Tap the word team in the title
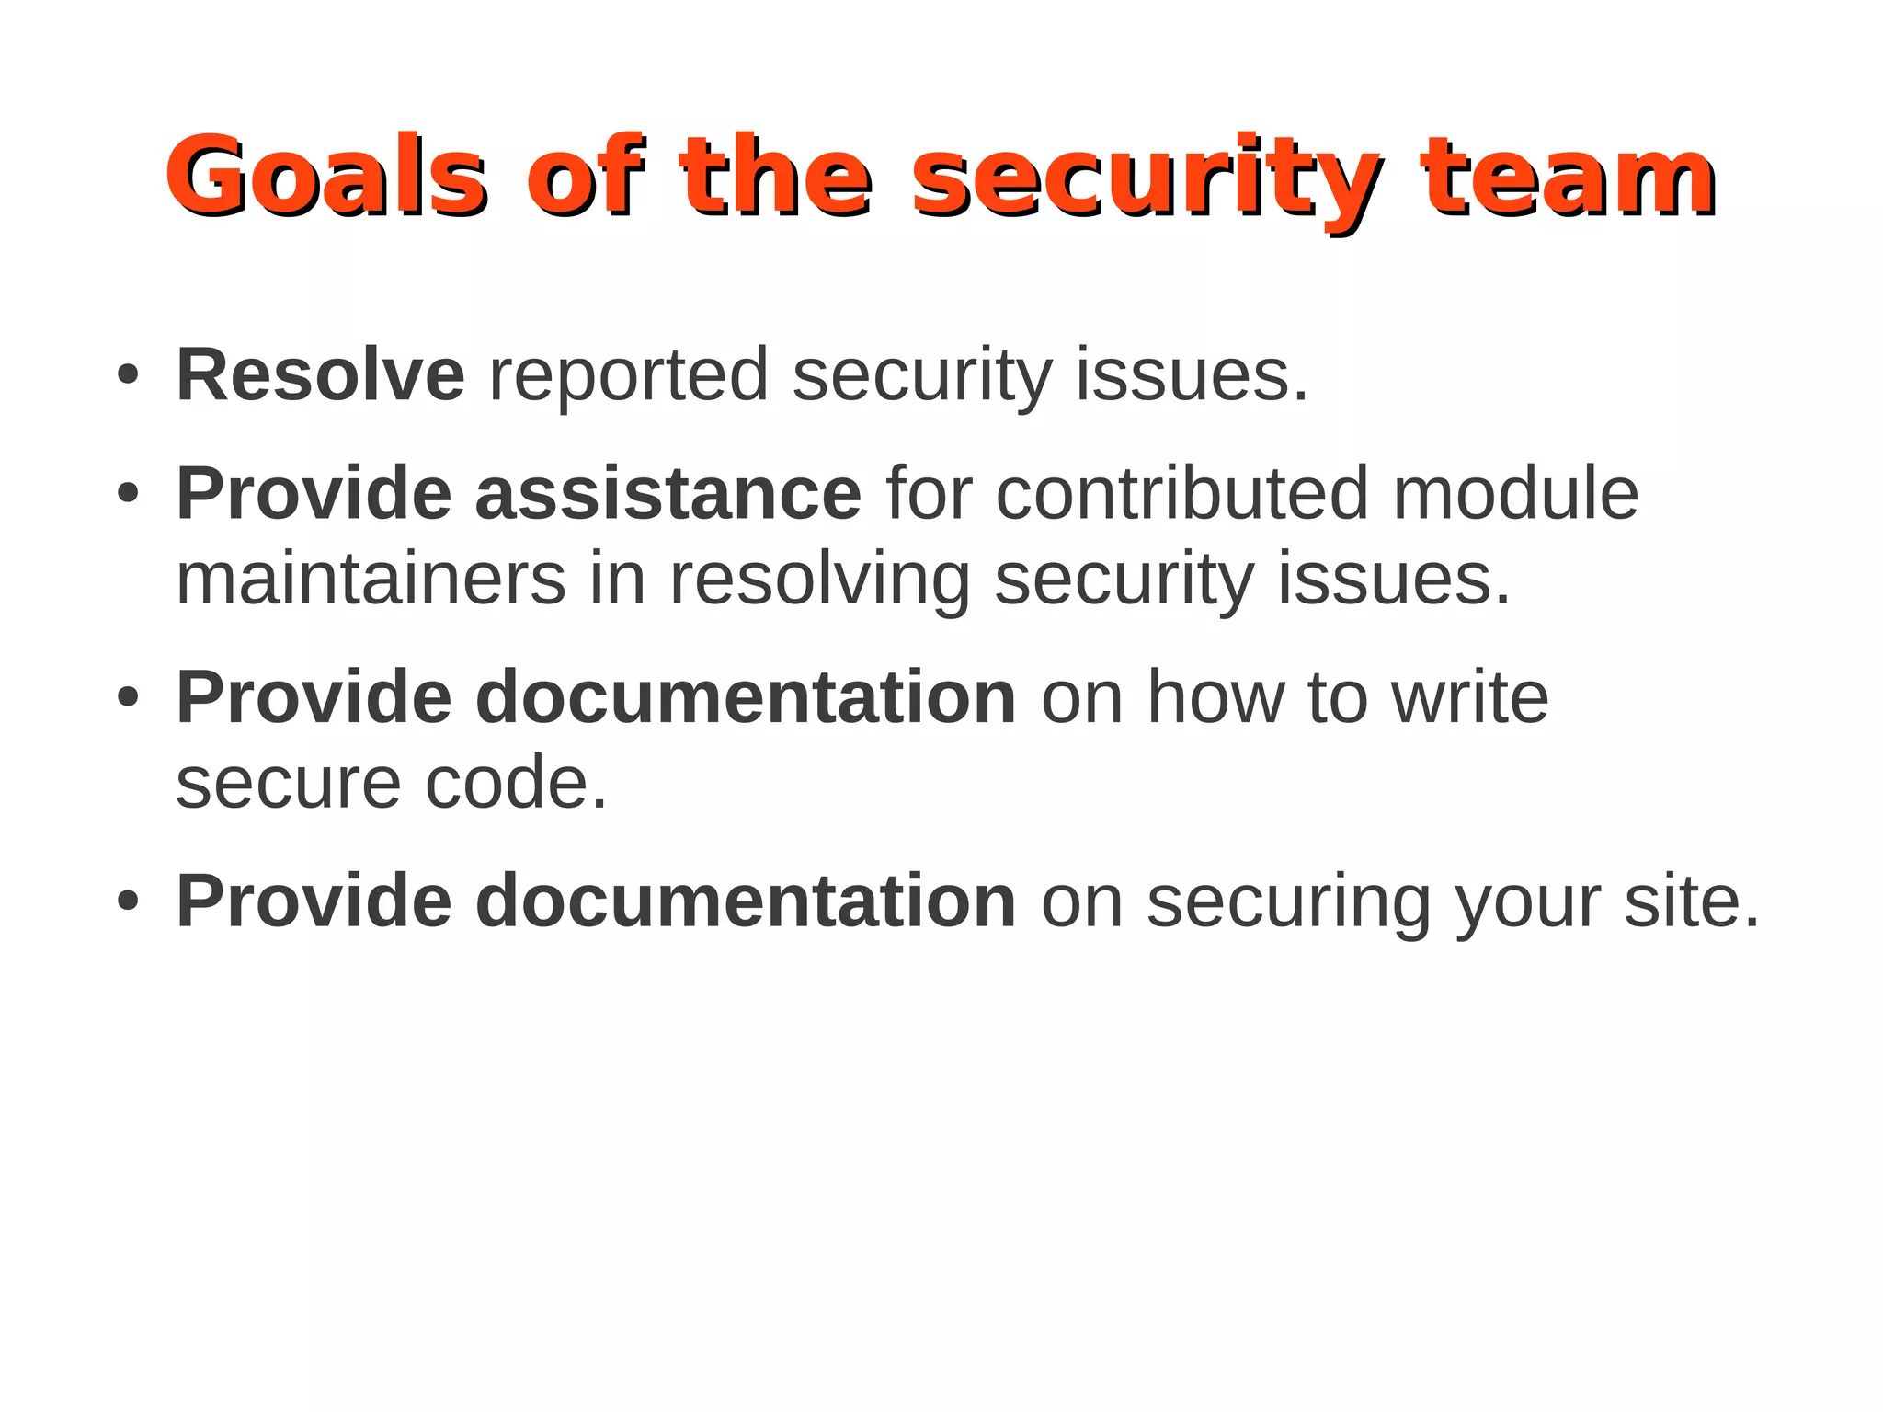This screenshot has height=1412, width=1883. [x=1567, y=175]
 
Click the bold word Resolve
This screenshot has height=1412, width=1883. [x=320, y=374]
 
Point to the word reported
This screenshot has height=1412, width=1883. [x=629, y=376]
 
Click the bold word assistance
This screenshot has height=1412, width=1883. [x=668, y=494]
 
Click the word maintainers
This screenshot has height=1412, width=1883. [x=371, y=579]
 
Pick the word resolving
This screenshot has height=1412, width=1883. [x=819, y=580]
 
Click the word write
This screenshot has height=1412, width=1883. [x=1470, y=697]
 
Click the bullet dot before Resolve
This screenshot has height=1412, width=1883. [x=128, y=375]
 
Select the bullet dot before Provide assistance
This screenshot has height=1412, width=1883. [x=128, y=494]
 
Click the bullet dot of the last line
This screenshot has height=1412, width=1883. [x=128, y=901]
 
